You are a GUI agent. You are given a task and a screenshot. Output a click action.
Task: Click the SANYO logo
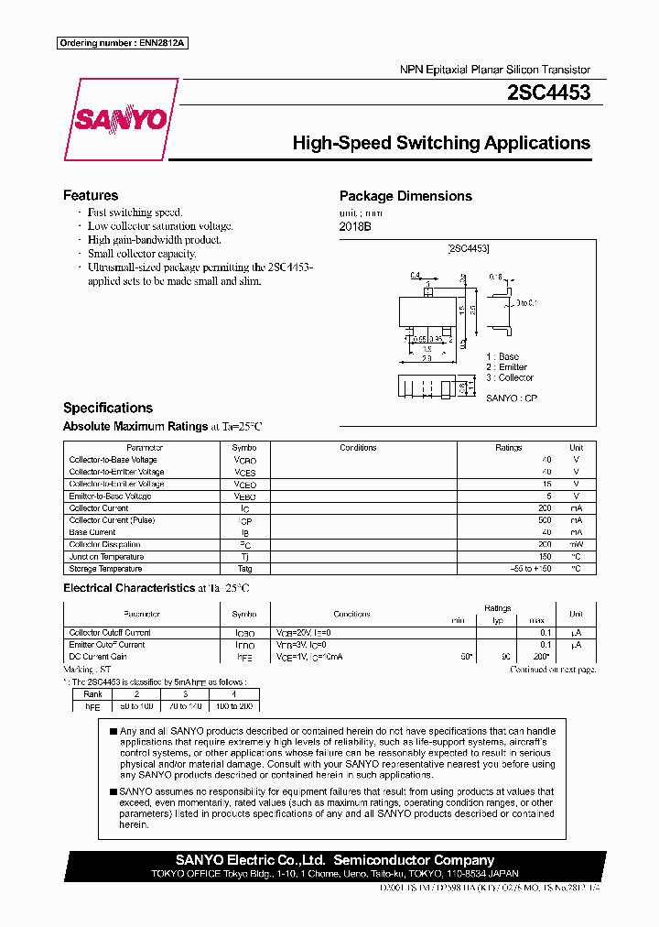[x=119, y=119]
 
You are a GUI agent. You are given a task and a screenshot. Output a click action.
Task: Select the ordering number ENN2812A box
[x=123, y=43]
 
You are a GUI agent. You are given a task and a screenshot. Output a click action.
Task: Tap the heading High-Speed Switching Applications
[x=440, y=143]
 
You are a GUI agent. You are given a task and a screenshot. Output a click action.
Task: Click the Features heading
[x=90, y=195]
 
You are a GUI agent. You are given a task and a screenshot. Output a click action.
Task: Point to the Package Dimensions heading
[x=405, y=196]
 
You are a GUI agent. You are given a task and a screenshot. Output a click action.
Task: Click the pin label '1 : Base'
[x=502, y=356]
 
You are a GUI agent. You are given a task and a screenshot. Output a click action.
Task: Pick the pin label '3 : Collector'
[x=510, y=377]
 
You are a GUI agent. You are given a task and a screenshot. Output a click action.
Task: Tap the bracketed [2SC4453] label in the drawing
[x=468, y=248]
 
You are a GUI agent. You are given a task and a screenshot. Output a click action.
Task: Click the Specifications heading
[x=108, y=408]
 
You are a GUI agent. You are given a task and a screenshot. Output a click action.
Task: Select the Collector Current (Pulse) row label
[x=112, y=520]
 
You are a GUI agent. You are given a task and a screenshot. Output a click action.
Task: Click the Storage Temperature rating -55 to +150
[x=532, y=569]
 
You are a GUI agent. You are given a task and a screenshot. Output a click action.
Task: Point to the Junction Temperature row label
[x=106, y=557]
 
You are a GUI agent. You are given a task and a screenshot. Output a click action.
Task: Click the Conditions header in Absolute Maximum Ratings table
[x=358, y=448]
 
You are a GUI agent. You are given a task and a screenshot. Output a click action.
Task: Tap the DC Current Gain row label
[x=98, y=657]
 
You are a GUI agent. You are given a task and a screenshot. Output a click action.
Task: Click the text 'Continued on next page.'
[x=553, y=670]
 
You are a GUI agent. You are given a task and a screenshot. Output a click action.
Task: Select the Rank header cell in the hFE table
[x=93, y=694]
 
